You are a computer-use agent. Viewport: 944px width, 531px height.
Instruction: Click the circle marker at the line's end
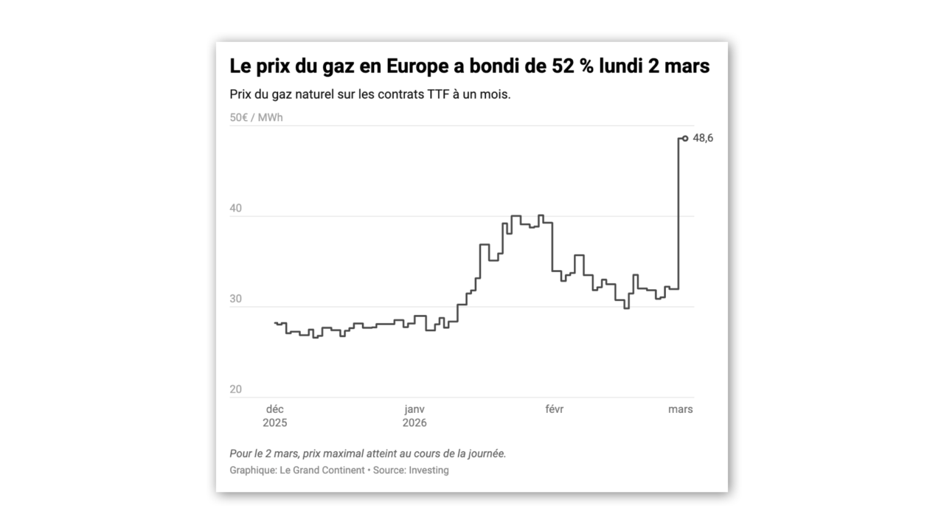pos(685,138)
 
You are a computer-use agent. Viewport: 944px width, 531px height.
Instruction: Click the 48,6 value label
pos(703,138)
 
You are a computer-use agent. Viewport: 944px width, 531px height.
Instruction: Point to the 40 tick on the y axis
pos(236,209)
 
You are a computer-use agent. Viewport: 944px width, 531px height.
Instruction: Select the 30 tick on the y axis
pos(236,299)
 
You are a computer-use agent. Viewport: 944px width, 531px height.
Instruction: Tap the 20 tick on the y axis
pos(236,389)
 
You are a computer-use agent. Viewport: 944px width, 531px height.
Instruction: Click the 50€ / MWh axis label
pos(256,117)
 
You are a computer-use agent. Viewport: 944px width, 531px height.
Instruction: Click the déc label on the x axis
pos(274,409)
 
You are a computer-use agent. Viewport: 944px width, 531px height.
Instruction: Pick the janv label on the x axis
pos(414,409)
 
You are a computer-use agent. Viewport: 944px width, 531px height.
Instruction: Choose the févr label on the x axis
pos(554,409)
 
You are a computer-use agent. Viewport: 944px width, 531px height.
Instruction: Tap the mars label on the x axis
pos(680,409)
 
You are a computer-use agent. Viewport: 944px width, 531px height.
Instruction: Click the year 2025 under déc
pos(274,423)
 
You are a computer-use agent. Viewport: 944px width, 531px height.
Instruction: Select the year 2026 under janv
pos(414,423)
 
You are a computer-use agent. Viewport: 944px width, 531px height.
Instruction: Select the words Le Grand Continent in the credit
pos(322,470)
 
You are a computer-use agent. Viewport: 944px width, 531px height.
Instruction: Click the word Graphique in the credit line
pos(251,470)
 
